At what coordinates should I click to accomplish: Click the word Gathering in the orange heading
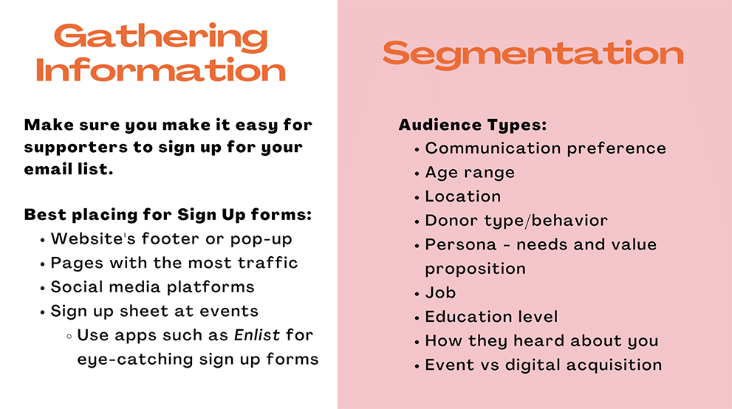click(161, 38)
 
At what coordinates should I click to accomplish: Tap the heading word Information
click(160, 70)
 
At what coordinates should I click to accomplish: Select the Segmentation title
click(533, 54)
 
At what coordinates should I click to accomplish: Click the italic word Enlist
click(257, 335)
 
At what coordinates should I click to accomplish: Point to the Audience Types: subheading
click(473, 125)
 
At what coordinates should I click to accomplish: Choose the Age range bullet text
click(470, 173)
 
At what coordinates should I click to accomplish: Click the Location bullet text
click(462, 196)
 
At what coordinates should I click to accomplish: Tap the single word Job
click(440, 293)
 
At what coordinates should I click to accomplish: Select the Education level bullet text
click(491, 317)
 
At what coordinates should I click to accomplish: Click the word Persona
click(460, 244)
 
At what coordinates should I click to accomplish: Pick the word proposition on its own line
click(475, 269)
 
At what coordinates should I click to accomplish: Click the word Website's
click(93, 238)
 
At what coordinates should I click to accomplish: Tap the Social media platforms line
click(152, 286)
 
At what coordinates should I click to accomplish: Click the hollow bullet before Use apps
click(69, 336)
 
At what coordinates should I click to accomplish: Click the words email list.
click(69, 169)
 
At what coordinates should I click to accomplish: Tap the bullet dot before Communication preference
click(417, 150)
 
